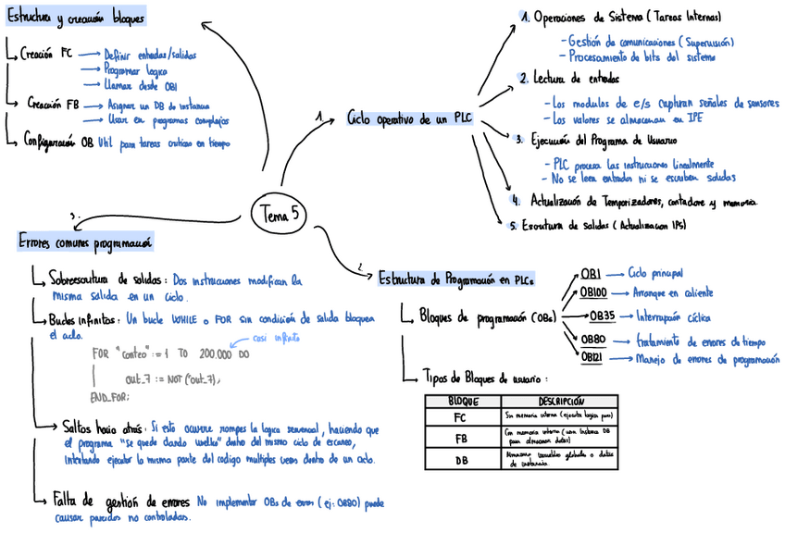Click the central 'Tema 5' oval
click(x=280, y=214)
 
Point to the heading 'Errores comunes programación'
click(x=84, y=242)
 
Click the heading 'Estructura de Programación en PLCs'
click(x=456, y=277)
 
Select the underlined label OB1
click(x=592, y=274)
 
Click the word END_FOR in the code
click(x=109, y=396)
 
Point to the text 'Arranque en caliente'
click(x=673, y=292)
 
